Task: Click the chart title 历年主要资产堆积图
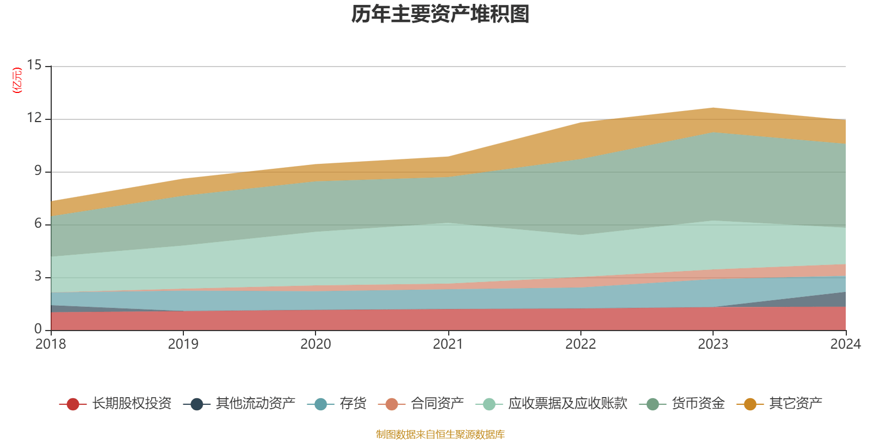point(440,14)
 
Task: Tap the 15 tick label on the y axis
point(34,65)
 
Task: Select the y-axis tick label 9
point(37,171)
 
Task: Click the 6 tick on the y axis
point(37,224)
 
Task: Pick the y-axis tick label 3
point(37,277)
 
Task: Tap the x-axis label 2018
point(51,344)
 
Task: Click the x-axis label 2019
point(183,344)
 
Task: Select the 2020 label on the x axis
point(316,344)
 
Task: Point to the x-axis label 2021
point(448,344)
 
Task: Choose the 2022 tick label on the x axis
point(580,344)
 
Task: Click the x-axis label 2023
point(713,344)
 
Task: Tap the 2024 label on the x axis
point(845,344)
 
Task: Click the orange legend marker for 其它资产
point(750,404)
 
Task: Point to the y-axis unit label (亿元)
point(17,81)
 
